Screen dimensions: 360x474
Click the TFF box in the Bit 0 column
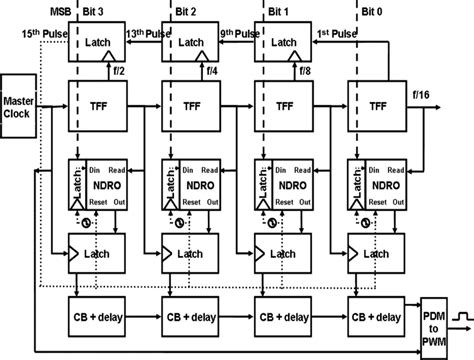point(376,107)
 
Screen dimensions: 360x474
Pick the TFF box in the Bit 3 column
point(100,107)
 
